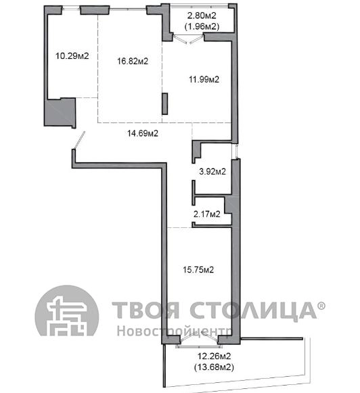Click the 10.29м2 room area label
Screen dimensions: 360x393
pos(72,55)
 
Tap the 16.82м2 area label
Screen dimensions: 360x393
pos(133,61)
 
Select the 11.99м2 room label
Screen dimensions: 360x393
pos(204,79)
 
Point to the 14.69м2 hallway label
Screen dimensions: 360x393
pos(143,133)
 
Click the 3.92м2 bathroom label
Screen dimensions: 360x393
pos(212,171)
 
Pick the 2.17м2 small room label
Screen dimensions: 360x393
pos(207,214)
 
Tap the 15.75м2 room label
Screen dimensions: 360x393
pos(198,270)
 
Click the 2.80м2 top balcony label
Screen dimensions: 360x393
pos(202,16)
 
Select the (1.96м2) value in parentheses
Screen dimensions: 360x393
pos(202,26)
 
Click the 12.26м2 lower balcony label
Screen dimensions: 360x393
pos(215,356)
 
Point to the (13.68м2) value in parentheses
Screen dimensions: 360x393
pos(214,367)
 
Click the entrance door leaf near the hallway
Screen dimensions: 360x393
pos(79,141)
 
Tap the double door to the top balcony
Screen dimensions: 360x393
pos(188,39)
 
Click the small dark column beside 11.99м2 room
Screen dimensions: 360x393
pos(164,103)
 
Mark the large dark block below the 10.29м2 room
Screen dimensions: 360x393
pos(60,112)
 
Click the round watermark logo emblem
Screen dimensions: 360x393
pos(67,311)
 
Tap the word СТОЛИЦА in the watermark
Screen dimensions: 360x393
pos(253,310)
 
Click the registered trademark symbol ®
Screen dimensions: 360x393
pos(321,306)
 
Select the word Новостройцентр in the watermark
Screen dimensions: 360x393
pos(174,331)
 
